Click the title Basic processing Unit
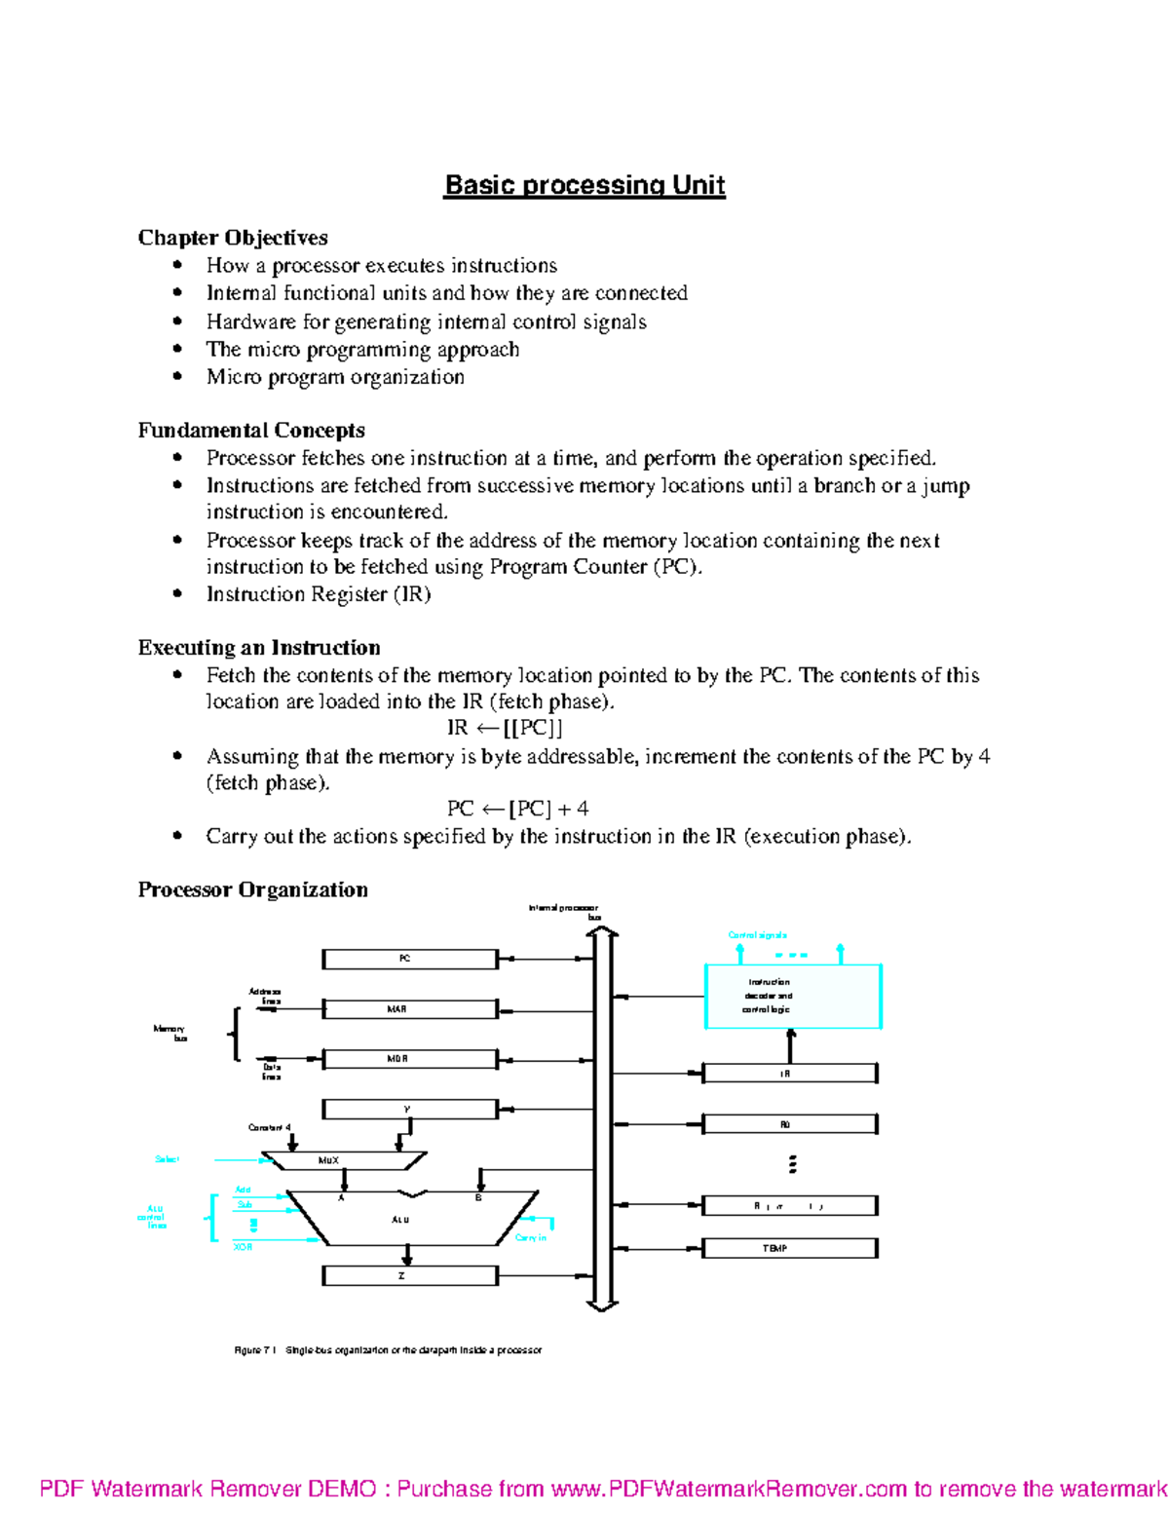point(584,185)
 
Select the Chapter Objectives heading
point(233,238)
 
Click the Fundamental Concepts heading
point(251,431)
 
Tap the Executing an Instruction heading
point(259,648)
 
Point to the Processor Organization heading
point(253,889)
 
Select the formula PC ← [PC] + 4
point(517,809)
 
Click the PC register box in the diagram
point(409,960)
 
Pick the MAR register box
point(409,1009)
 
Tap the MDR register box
point(409,1059)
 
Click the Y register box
point(409,1110)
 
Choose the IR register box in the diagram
point(789,1074)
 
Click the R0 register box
point(789,1124)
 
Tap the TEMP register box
point(789,1248)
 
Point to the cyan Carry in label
point(531,1238)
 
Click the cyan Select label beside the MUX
point(168,1159)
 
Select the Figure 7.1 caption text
point(388,1350)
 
